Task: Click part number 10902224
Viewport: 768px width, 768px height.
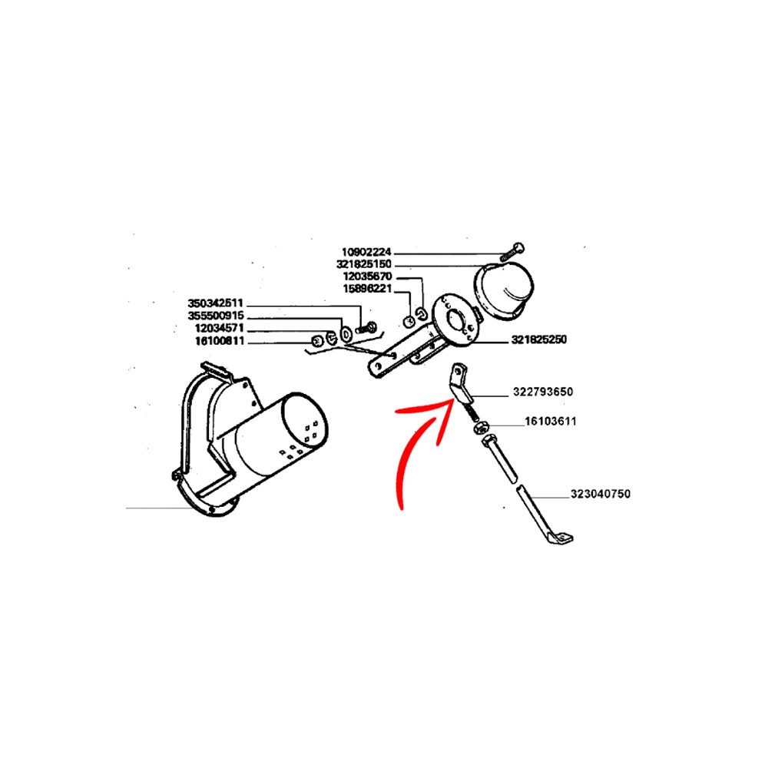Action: click(x=366, y=252)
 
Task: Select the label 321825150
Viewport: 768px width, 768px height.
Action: click(x=364, y=264)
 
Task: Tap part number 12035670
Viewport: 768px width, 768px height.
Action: click(x=367, y=276)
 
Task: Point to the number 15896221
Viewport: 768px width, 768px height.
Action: click(x=367, y=289)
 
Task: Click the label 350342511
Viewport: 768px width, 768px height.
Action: click(x=216, y=303)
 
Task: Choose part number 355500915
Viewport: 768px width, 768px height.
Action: click(x=216, y=316)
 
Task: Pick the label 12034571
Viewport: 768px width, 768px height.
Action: click(x=219, y=328)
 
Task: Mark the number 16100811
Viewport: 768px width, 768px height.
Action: click(x=220, y=341)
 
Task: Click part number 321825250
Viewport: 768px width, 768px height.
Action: click(x=539, y=339)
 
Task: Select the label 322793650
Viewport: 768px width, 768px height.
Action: click(x=543, y=392)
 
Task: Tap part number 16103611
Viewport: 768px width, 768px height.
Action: click(x=551, y=421)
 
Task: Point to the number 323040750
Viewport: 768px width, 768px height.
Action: click(x=601, y=494)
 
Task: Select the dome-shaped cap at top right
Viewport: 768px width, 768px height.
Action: click(x=505, y=291)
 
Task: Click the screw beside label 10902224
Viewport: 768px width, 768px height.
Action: click(x=512, y=252)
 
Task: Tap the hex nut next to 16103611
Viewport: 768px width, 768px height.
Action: click(x=479, y=427)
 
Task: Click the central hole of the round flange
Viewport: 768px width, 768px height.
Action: click(x=458, y=322)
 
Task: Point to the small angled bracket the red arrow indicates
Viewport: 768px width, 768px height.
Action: click(x=460, y=385)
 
